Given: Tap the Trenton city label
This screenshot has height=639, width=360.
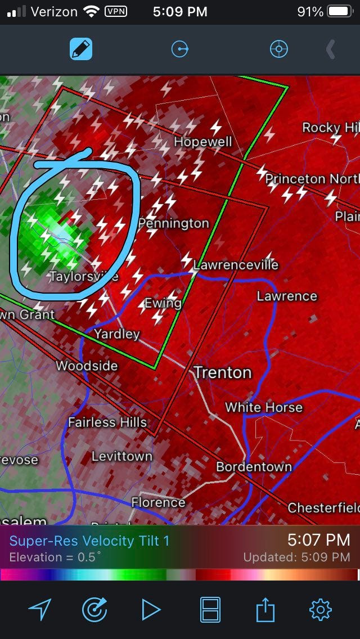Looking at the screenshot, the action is [223, 372].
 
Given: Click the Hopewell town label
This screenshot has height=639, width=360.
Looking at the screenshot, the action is [202, 141].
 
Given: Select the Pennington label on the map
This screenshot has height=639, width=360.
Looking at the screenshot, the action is [173, 223].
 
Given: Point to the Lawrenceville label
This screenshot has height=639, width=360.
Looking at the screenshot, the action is [236, 264].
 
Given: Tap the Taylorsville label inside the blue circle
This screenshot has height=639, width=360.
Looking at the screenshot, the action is [84, 276].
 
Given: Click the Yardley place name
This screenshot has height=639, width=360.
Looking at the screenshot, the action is [116, 334].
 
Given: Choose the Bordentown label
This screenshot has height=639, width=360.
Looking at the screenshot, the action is [254, 467].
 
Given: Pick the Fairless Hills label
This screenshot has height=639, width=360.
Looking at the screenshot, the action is [107, 422].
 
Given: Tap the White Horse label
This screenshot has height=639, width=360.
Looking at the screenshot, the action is [264, 407].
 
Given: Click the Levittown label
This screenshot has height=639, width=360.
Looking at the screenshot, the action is [122, 456].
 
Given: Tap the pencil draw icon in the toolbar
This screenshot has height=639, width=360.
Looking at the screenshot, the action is [80, 49].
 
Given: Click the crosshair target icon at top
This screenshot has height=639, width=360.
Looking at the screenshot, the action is [278, 49].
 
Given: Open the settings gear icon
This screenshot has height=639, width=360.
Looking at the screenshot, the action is [321, 610].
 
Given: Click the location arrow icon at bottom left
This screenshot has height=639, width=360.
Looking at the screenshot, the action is [40, 610].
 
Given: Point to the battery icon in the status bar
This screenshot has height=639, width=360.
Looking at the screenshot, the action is [339, 11].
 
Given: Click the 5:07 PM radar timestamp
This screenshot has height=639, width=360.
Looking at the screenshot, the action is [318, 541].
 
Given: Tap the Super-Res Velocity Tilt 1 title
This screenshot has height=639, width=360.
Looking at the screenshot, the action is [89, 541].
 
